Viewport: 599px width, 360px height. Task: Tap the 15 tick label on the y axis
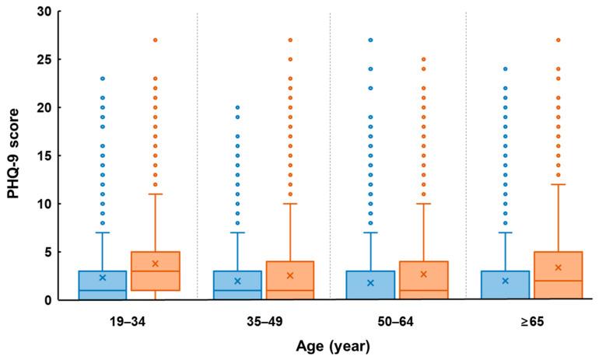click(47, 156)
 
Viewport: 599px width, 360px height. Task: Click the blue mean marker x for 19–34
click(102, 278)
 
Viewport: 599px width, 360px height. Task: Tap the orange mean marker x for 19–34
click(156, 264)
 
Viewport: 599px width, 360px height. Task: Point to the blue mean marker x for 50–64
click(370, 283)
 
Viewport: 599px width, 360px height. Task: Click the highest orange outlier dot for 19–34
click(156, 40)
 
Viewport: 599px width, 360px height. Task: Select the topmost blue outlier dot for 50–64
click(370, 40)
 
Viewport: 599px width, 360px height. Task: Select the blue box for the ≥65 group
click(506, 285)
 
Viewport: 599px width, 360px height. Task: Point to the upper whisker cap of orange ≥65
click(559, 184)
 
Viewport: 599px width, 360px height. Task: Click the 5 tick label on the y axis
click(50, 252)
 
